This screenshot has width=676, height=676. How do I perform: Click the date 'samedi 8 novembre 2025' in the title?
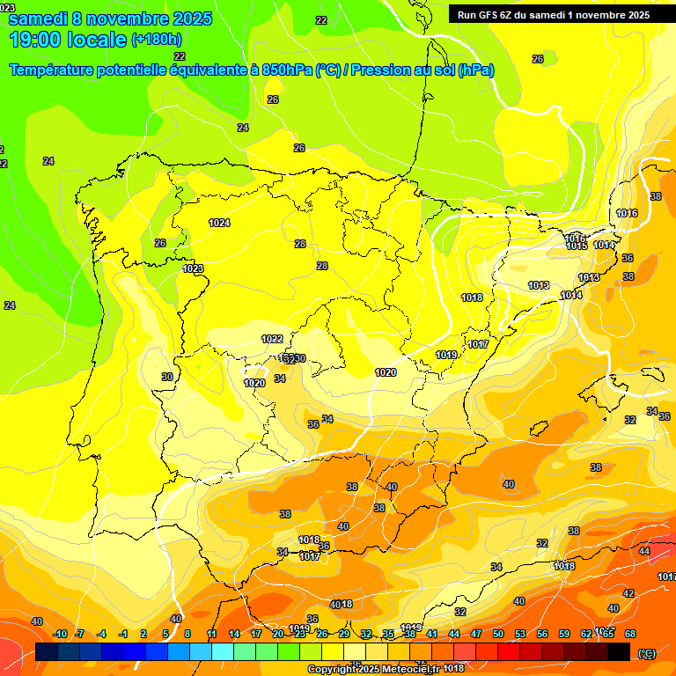110,18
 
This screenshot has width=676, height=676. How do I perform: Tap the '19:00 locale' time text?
68,40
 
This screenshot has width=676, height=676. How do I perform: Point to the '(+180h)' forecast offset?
157,40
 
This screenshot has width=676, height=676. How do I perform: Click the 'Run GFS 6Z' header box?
554,14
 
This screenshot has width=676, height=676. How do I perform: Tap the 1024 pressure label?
219,223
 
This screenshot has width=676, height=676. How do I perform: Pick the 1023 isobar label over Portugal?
193,268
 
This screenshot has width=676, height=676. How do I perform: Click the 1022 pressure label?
272,339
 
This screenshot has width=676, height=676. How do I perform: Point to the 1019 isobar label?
446,355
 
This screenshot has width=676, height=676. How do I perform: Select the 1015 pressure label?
577,246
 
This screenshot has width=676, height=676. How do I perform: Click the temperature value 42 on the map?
628,593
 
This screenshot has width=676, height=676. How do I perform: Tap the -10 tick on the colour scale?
60,634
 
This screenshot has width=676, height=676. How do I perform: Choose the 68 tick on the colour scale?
630,634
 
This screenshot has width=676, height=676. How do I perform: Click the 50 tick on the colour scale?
498,634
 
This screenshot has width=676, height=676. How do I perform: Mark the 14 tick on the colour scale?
234,634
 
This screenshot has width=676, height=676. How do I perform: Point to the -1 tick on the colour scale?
123,634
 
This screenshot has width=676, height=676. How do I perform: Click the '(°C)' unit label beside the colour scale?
647,652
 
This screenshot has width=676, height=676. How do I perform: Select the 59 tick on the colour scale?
563,634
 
